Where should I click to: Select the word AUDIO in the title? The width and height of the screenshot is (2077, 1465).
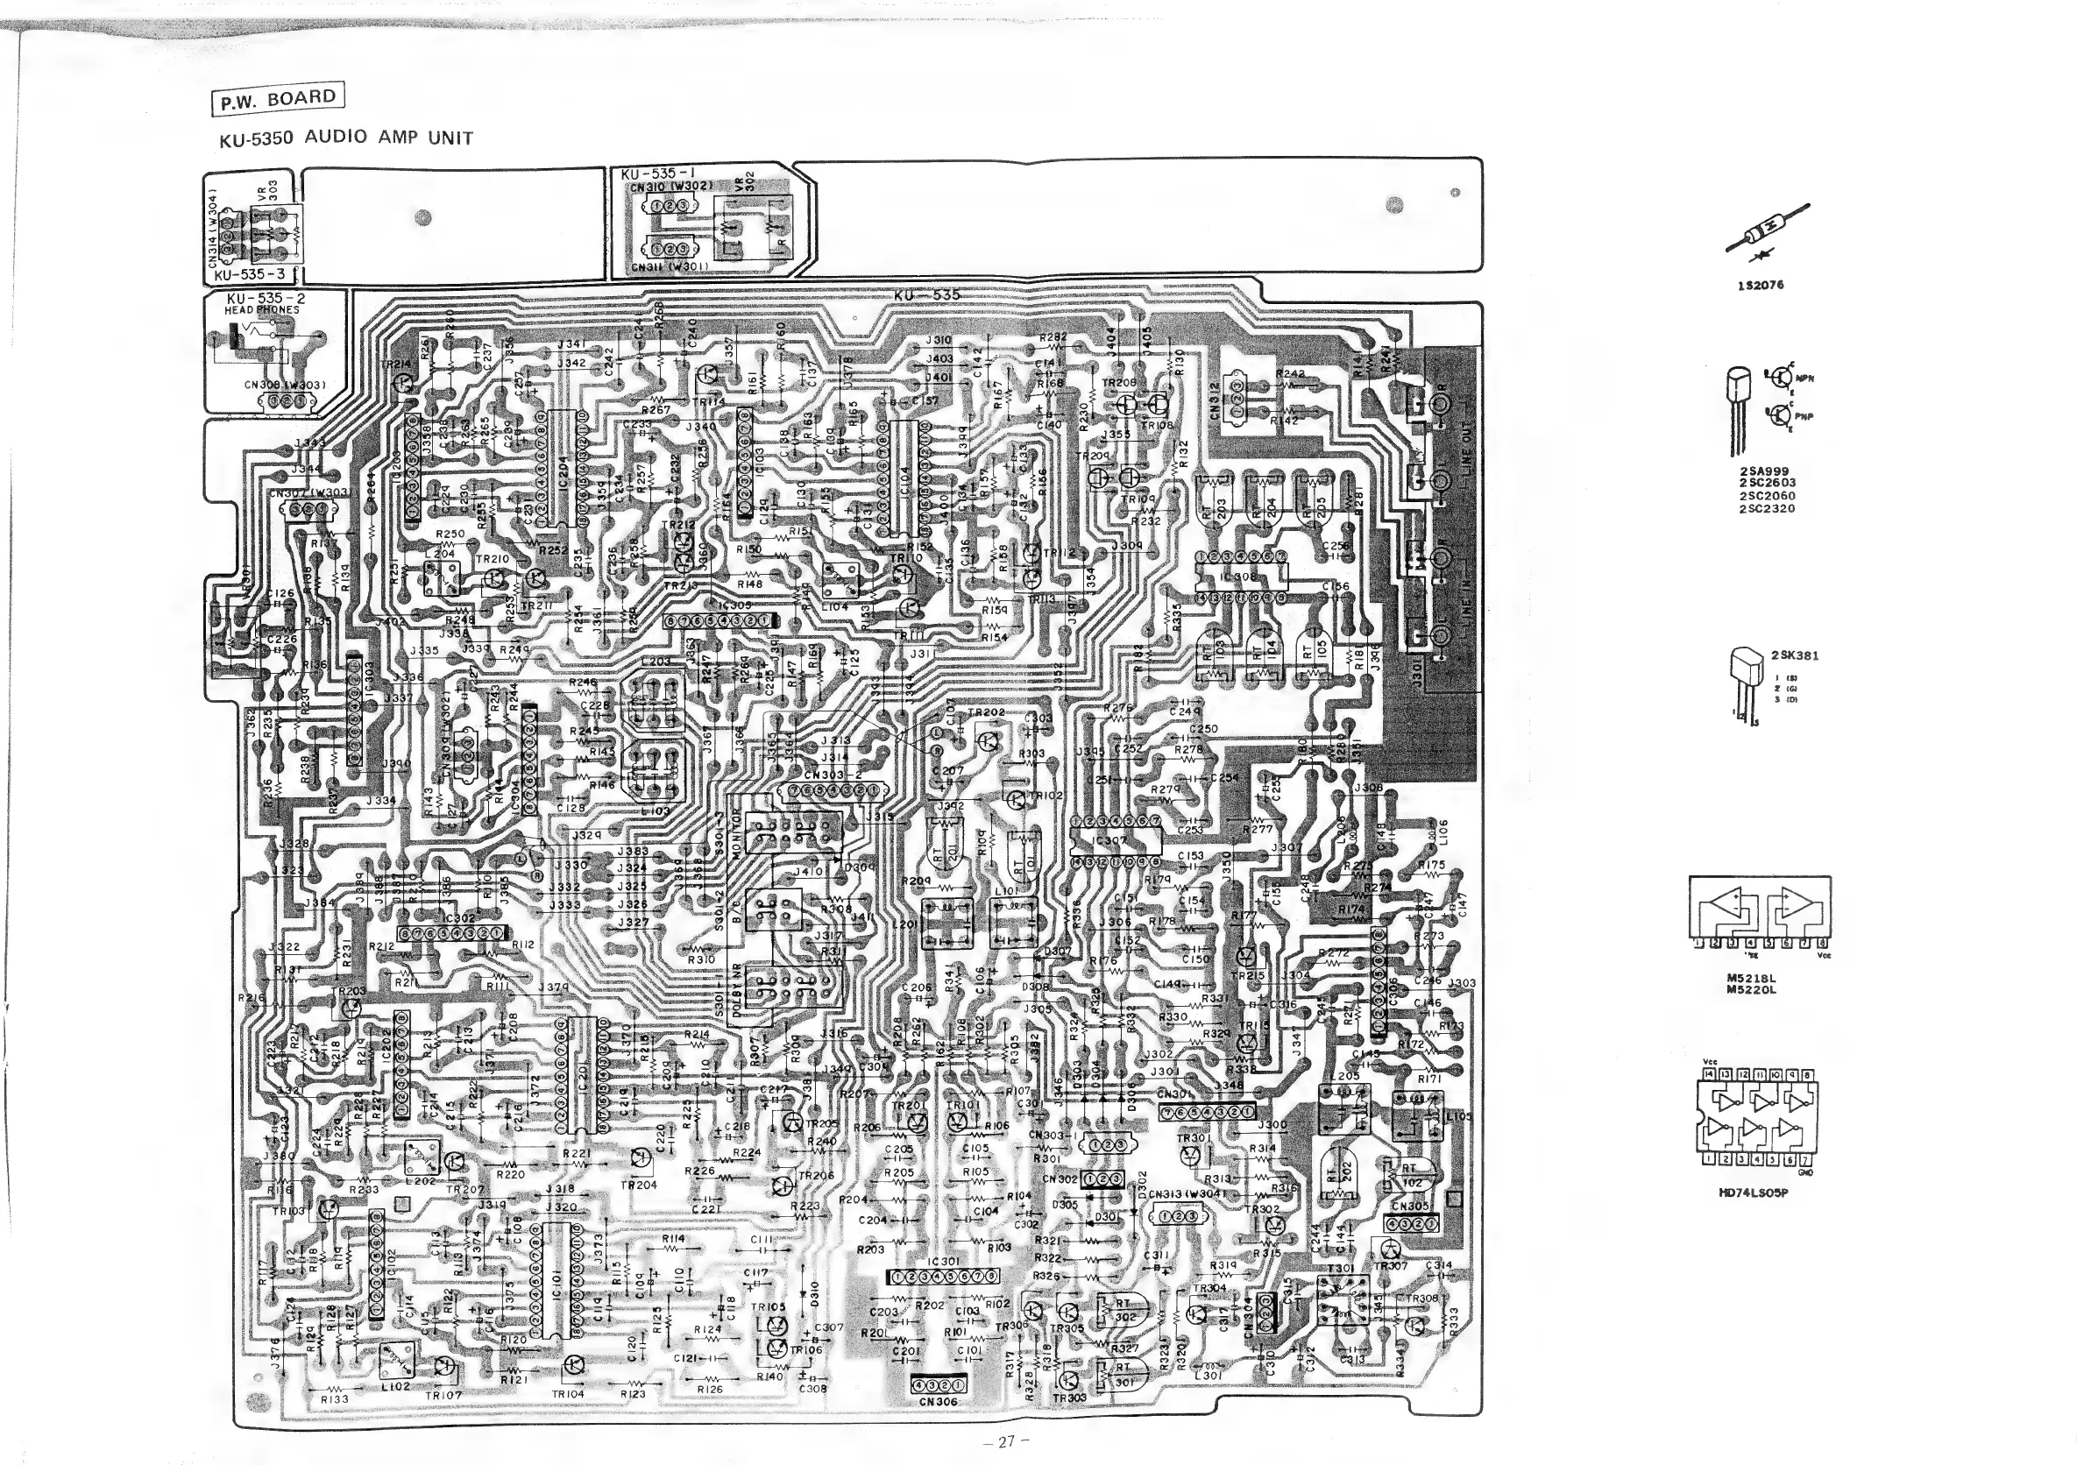coord(336,138)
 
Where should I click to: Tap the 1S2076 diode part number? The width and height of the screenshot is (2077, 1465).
coord(1760,286)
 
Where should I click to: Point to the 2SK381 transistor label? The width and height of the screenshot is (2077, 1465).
coord(1795,655)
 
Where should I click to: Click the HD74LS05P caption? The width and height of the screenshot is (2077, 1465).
coord(1753,1192)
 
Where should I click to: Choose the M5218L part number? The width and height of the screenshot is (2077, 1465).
coord(1751,978)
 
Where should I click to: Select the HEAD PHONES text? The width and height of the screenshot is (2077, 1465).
coord(261,310)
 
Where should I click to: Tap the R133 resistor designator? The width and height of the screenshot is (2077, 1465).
coord(335,1399)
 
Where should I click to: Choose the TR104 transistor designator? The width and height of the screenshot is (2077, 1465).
coord(569,1394)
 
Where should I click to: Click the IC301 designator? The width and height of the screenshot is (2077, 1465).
coord(944,1262)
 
